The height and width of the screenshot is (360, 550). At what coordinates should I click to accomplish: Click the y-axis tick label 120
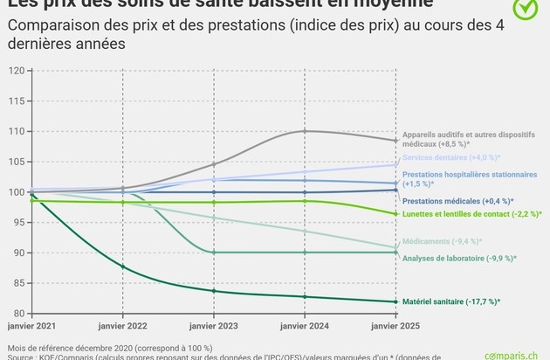coord(16,70)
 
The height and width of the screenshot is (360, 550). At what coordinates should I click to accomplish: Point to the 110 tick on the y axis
coord(16,131)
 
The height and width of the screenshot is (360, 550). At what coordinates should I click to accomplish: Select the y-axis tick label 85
coord(18,283)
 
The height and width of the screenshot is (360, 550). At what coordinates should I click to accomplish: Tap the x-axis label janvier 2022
coord(123,326)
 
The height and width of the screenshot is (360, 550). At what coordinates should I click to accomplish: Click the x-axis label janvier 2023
coord(213,326)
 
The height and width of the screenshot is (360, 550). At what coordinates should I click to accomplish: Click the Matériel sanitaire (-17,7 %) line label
coord(450,302)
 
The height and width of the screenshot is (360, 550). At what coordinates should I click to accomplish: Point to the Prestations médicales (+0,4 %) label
coord(455,201)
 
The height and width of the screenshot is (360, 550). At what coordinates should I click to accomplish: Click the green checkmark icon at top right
coord(525,8)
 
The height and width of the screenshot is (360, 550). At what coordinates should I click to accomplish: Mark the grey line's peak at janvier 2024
coord(304,131)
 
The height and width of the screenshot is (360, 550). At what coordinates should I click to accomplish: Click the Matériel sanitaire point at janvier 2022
coord(123,266)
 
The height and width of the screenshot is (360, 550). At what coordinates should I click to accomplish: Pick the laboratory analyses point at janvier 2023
coord(213,253)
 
